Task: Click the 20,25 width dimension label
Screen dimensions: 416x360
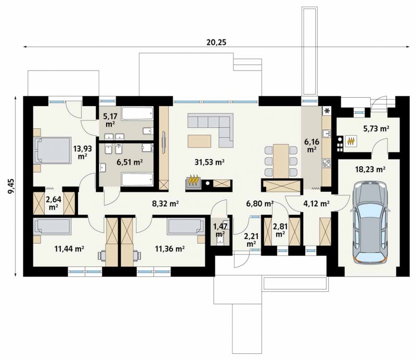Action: click(216, 42)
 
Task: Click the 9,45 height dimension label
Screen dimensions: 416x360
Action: click(11, 186)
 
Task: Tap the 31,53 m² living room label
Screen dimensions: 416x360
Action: click(210, 162)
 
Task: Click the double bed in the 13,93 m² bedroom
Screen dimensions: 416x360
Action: click(53, 150)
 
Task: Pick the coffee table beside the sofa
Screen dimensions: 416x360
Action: click(200, 141)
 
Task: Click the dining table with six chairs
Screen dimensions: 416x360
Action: click(281, 161)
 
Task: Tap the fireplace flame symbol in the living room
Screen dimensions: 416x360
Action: click(193, 181)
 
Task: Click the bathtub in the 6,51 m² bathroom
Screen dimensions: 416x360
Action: click(137, 179)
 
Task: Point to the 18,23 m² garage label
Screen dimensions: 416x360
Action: click(370, 169)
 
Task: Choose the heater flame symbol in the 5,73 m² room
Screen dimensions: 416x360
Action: click(351, 141)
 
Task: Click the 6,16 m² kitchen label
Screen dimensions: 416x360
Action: click(311, 145)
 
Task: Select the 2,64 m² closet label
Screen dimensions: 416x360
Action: click(54, 203)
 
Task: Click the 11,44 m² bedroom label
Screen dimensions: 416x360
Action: click(69, 249)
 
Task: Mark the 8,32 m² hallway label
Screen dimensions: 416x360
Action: click(165, 204)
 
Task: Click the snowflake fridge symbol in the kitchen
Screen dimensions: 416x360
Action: click(327, 110)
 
